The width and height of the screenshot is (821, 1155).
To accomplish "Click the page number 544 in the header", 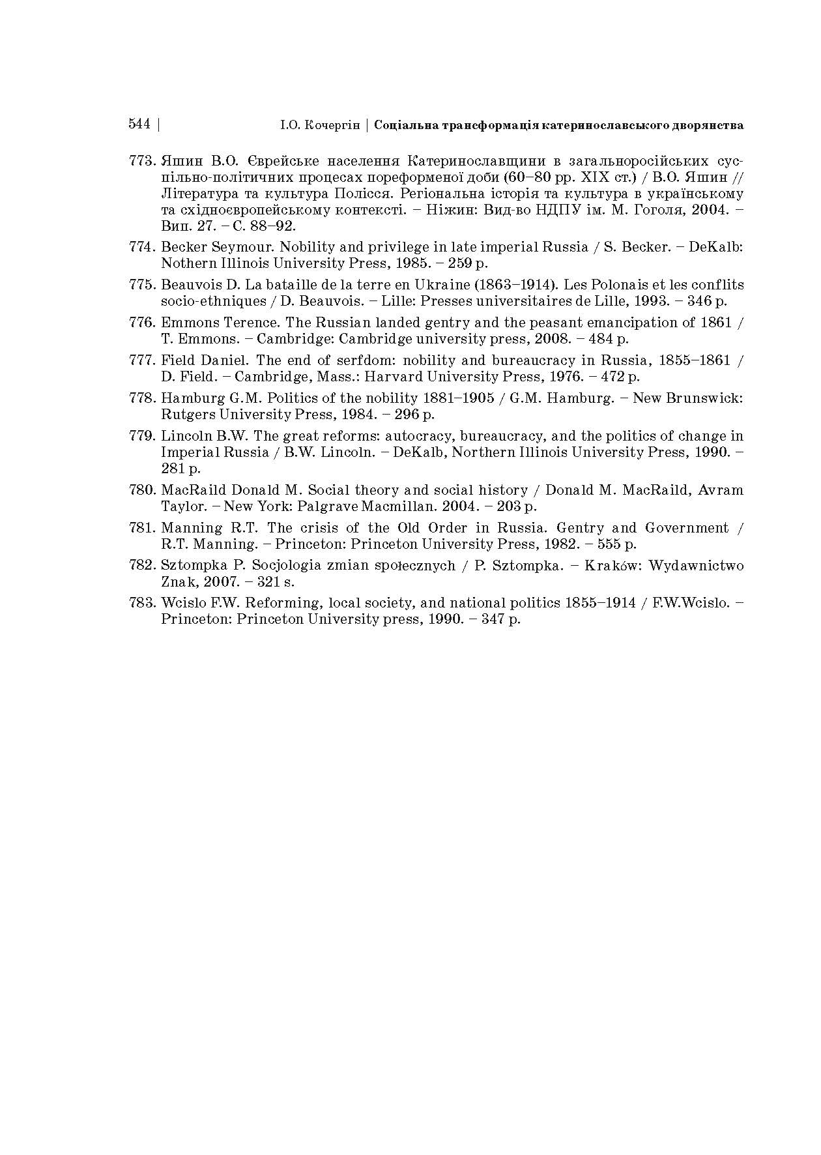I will point(139,124).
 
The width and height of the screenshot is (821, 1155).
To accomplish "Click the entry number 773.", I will point(143,160).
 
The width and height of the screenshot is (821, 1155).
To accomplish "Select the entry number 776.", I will point(143,322).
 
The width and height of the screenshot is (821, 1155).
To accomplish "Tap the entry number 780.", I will point(143,490).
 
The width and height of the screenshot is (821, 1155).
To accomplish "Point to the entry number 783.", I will point(143,602).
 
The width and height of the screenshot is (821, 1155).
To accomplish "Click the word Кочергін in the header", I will point(332,124).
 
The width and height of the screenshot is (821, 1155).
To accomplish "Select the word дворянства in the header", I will point(708,124).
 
